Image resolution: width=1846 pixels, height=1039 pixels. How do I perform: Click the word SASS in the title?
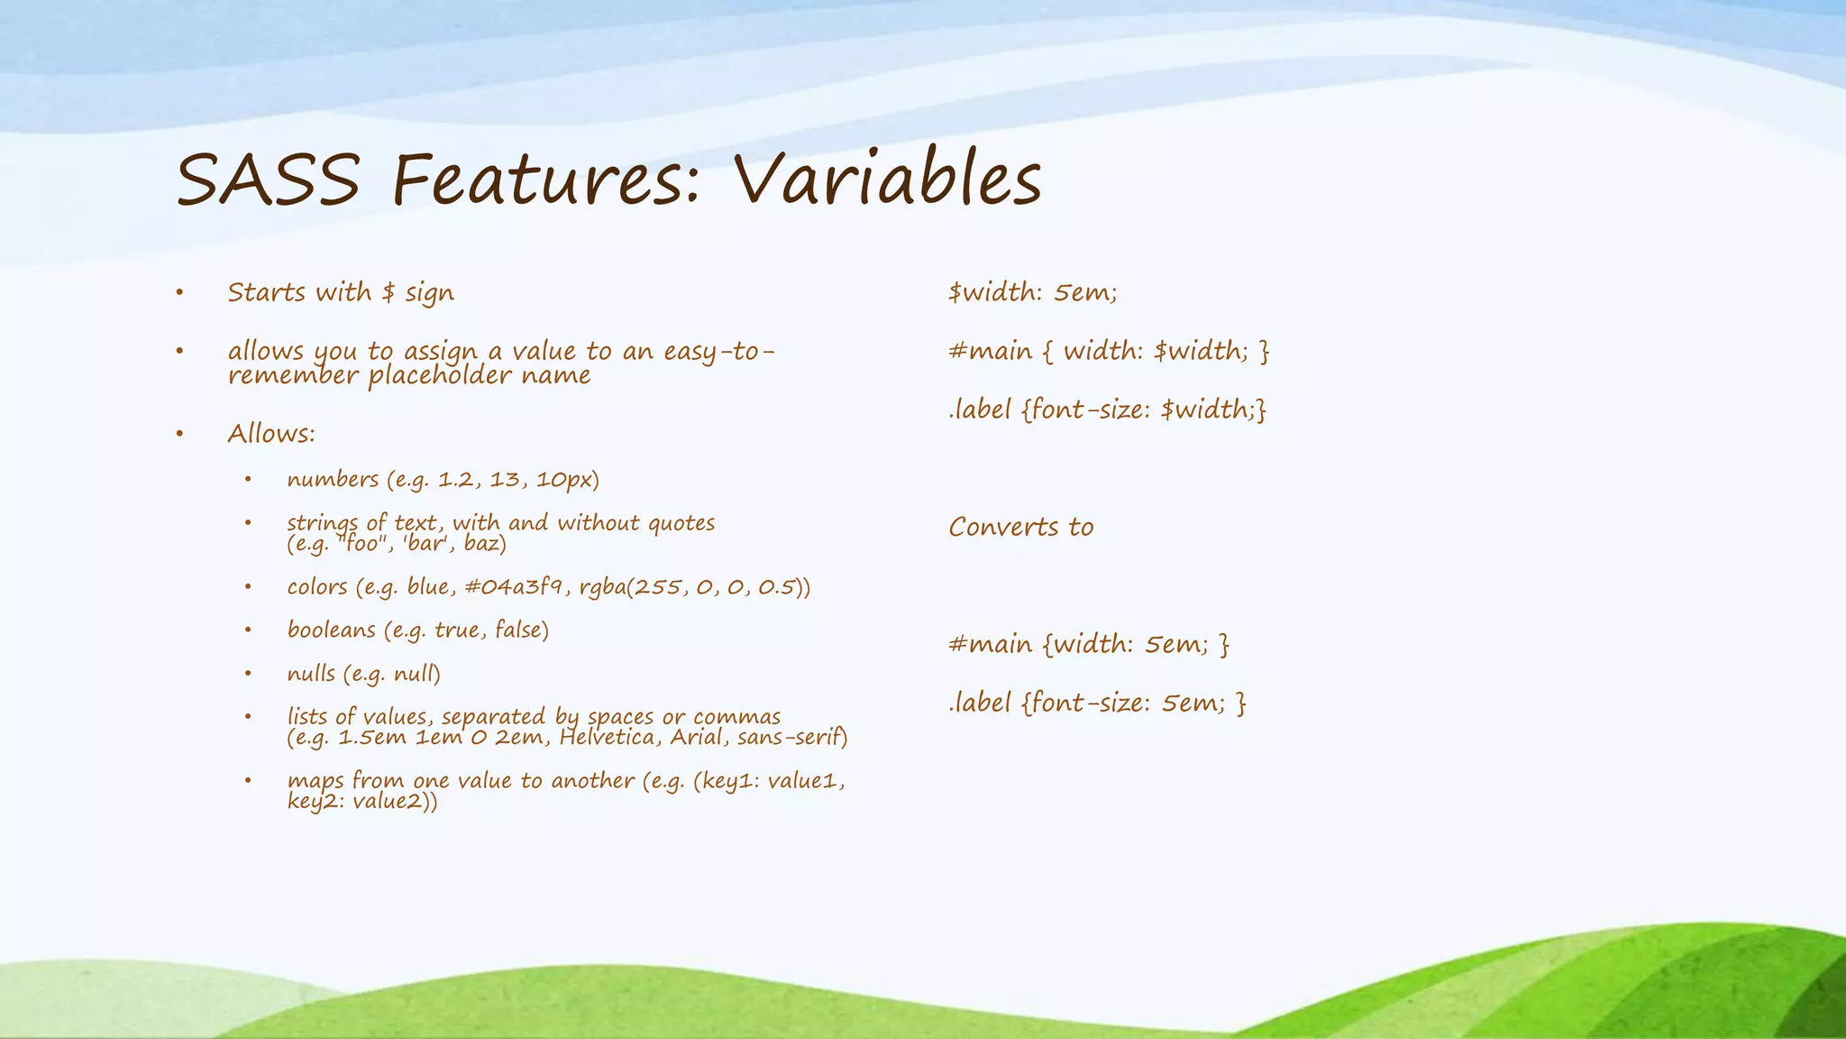[x=268, y=180]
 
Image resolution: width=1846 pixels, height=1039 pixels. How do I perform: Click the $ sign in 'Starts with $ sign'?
[x=388, y=292]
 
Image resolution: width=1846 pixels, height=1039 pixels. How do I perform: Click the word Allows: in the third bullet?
[x=271, y=434]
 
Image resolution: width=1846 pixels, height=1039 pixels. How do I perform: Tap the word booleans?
[x=331, y=630]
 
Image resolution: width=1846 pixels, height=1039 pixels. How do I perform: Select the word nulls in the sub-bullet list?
[x=311, y=674]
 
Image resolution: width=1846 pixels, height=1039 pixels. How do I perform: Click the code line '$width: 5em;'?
[x=1032, y=292]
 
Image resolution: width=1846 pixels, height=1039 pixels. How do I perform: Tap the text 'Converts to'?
[x=1020, y=527]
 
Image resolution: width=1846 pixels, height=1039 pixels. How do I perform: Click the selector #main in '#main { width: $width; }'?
[x=990, y=351]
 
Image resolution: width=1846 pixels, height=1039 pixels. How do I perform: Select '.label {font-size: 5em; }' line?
[x=1097, y=703]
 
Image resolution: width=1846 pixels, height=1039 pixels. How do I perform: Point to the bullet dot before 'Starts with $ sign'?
[x=179, y=292]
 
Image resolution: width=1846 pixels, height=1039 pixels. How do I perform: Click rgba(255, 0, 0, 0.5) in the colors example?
[x=694, y=587]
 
